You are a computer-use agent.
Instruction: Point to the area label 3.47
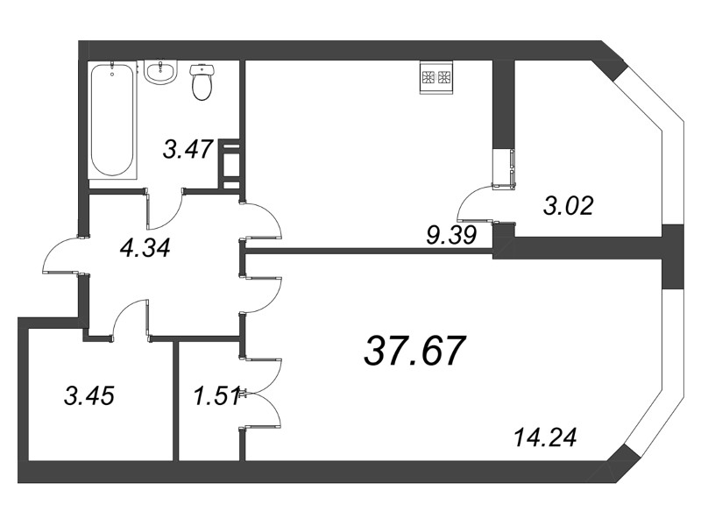tap(188, 149)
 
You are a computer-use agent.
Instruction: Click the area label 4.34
tap(145, 247)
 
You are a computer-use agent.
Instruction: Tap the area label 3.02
tap(569, 207)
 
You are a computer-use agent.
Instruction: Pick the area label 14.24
tap(547, 436)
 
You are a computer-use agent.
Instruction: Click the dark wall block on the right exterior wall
tap(672, 259)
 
